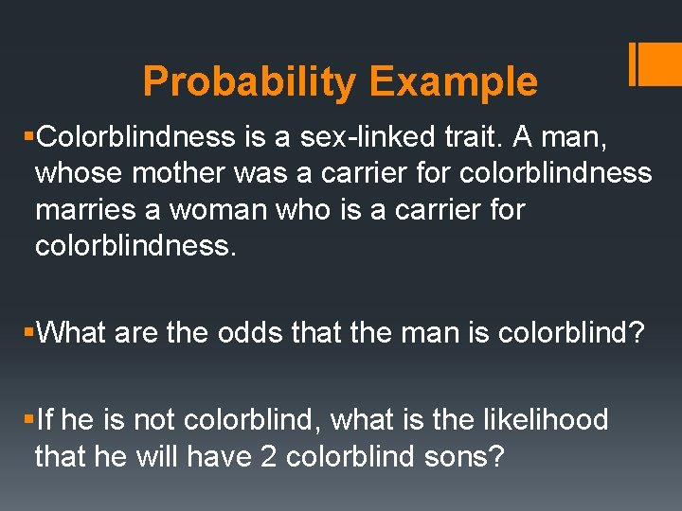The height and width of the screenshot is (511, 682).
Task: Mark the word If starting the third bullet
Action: (45, 419)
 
